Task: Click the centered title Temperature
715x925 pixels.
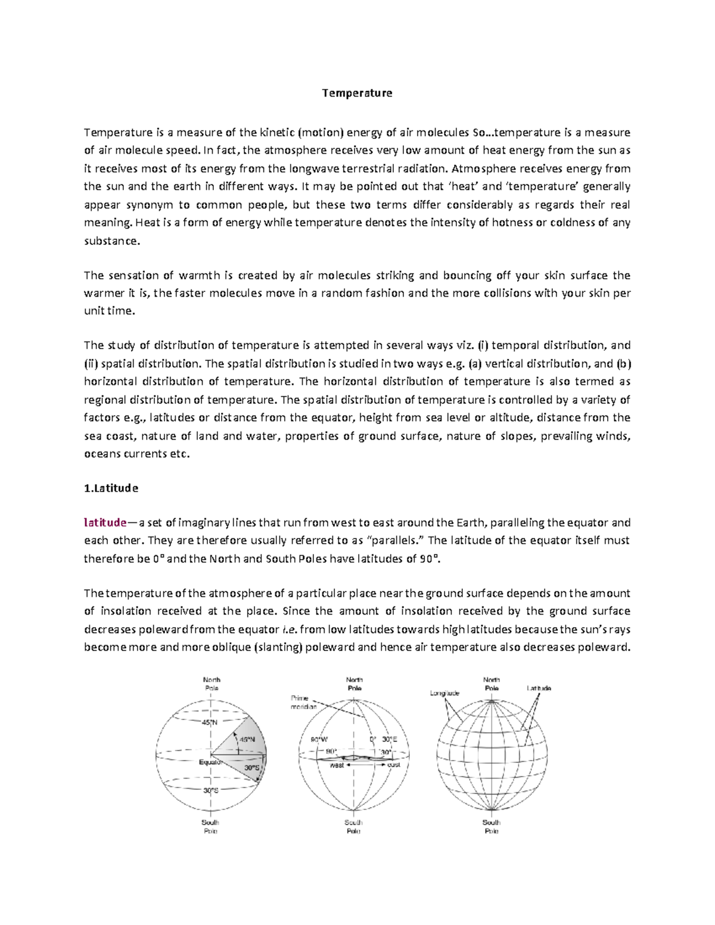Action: (x=357, y=93)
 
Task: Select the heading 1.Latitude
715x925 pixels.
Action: (x=111, y=488)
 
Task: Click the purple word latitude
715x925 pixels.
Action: (x=105, y=523)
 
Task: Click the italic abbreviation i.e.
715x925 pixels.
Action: (x=289, y=630)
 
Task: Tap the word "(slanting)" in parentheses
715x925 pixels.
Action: (x=278, y=648)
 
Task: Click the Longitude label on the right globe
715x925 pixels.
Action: (x=444, y=693)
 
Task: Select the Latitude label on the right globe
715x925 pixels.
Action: (x=539, y=688)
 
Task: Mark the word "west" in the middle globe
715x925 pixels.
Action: (x=337, y=765)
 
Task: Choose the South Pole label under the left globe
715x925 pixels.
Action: (x=211, y=826)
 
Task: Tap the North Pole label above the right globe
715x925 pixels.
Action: (x=492, y=684)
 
